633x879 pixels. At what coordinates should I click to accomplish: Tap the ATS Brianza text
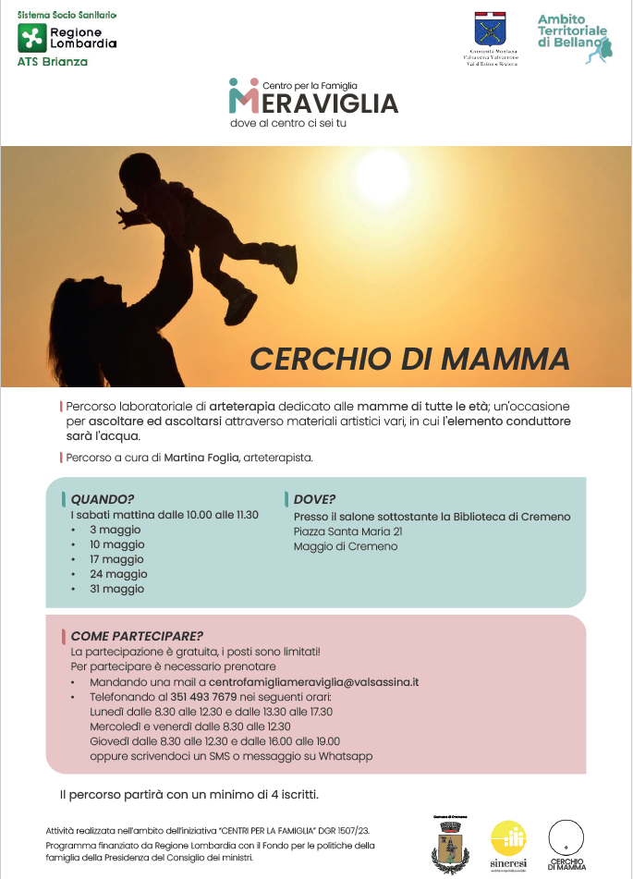[x=53, y=62]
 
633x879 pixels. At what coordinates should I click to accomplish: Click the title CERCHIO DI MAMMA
[x=409, y=358]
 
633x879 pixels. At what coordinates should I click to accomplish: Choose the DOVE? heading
[x=315, y=499]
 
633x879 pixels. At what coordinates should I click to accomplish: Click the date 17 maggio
[x=116, y=559]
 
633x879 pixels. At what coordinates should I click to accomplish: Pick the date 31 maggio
[x=116, y=589]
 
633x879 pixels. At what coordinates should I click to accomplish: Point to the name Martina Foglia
[x=203, y=458]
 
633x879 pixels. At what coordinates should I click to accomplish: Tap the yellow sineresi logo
[x=508, y=843]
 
